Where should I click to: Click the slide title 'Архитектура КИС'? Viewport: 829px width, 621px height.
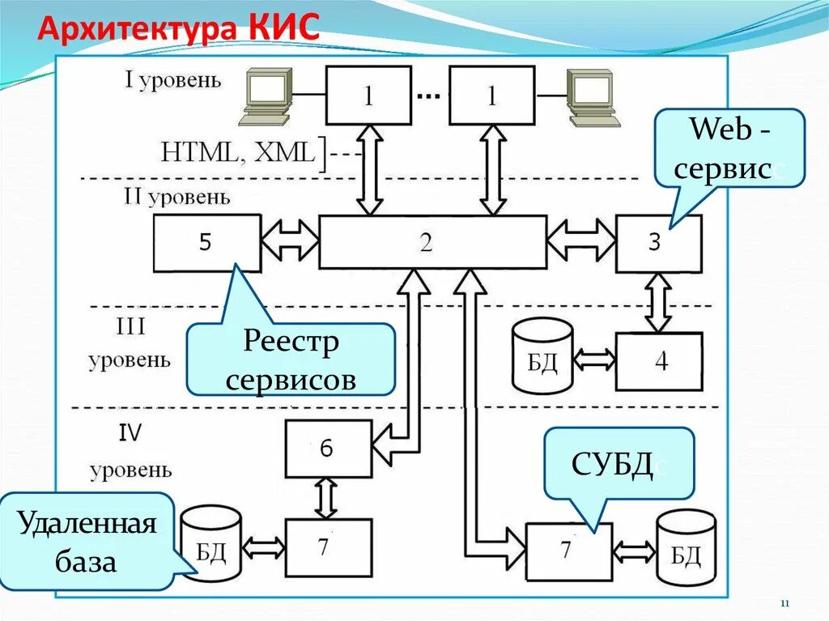(180, 30)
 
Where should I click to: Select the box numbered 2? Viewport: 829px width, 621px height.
(432, 242)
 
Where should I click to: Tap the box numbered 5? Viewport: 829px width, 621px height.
(206, 243)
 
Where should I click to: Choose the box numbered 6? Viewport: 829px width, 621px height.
(328, 448)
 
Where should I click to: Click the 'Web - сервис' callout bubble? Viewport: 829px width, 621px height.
(728, 150)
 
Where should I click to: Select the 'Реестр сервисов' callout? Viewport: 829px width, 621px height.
(291, 359)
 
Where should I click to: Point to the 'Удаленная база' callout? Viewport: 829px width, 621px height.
(87, 541)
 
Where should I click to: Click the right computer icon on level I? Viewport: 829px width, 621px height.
(593, 97)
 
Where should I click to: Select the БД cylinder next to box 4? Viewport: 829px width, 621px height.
(542, 356)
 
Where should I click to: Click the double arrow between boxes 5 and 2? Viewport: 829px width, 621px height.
(290, 242)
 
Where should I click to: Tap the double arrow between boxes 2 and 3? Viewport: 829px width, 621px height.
(580, 242)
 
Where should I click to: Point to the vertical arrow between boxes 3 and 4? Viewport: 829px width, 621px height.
(657, 303)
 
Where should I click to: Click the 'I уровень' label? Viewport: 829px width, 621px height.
(172, 80)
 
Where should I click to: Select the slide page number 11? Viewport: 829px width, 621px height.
(784, 604)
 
